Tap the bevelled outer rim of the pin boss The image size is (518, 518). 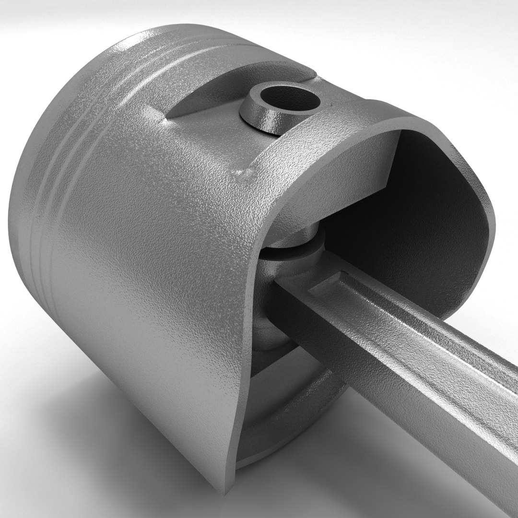(259, 120)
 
